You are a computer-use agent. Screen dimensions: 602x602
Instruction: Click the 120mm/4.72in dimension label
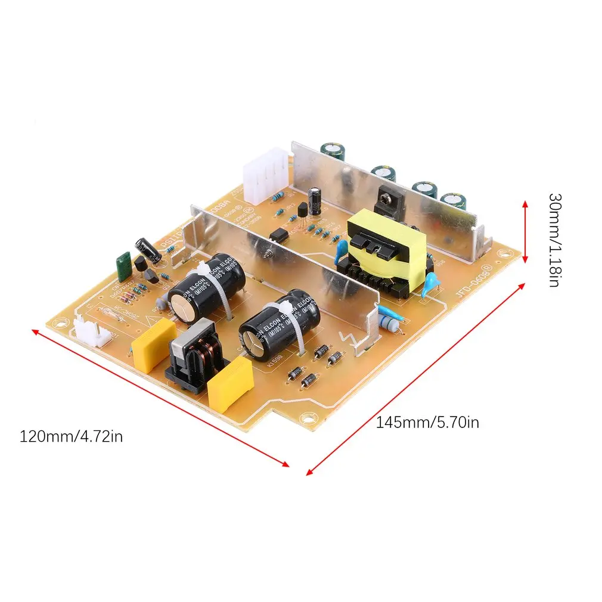tap(72, 436)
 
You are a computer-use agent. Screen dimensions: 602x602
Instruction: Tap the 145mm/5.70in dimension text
tap(427, 423)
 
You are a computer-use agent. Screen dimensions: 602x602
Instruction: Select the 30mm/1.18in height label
tap(554, 239)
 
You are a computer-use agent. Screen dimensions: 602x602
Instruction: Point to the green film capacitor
tap(125, 266)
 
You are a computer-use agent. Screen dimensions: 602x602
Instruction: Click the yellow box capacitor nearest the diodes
tap(230, 384)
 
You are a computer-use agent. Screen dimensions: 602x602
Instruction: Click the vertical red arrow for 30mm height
tap(525, 232)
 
